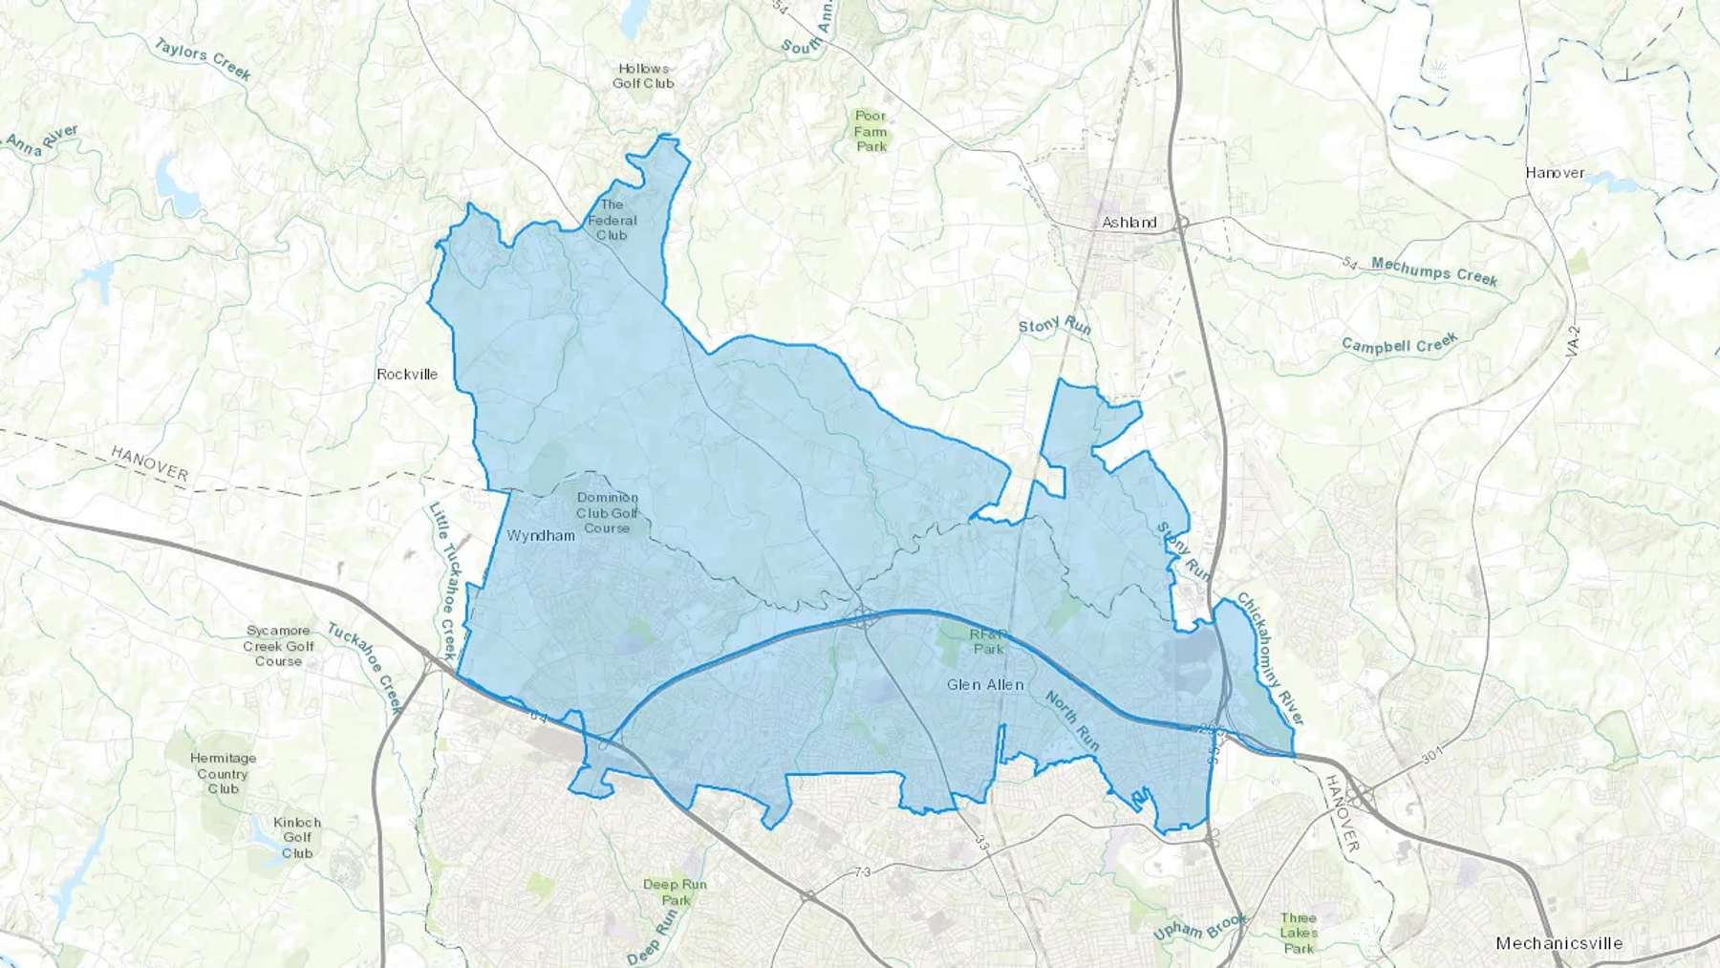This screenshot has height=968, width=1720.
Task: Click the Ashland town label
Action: click(x=1129, y=223)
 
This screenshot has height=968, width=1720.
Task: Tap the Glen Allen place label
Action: click(x=985, y=684)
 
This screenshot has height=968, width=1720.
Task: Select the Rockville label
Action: click(x=407, y=374)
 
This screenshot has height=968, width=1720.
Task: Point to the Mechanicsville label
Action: click(x=1559, y=943)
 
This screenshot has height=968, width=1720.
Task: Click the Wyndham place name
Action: click(x=541, y=535)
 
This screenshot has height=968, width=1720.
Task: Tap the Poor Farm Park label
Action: click(x=871, y=131)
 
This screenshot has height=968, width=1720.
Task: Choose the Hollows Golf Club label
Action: click(x=643, y=75)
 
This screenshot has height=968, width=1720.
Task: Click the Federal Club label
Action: click(x=612, y=220)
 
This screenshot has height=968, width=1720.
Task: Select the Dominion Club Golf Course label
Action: click(x=607, y=512)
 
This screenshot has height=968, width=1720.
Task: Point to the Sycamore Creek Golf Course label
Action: click(x=279, y=646)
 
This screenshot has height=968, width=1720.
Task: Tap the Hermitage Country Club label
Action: click(x=224, y=773)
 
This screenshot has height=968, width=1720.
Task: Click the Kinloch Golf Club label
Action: click(x=297, y=837)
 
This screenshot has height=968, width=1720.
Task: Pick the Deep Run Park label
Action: click(x=675, y=892)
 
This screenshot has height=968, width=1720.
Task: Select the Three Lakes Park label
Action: click(x=1299, y=933)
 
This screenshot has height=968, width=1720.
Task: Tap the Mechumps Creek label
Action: click(x=1434, y=271)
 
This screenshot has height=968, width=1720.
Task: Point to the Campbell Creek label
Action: click(x=1400, y=344)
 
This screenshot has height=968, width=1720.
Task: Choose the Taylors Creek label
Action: click(x=203, y=59)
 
